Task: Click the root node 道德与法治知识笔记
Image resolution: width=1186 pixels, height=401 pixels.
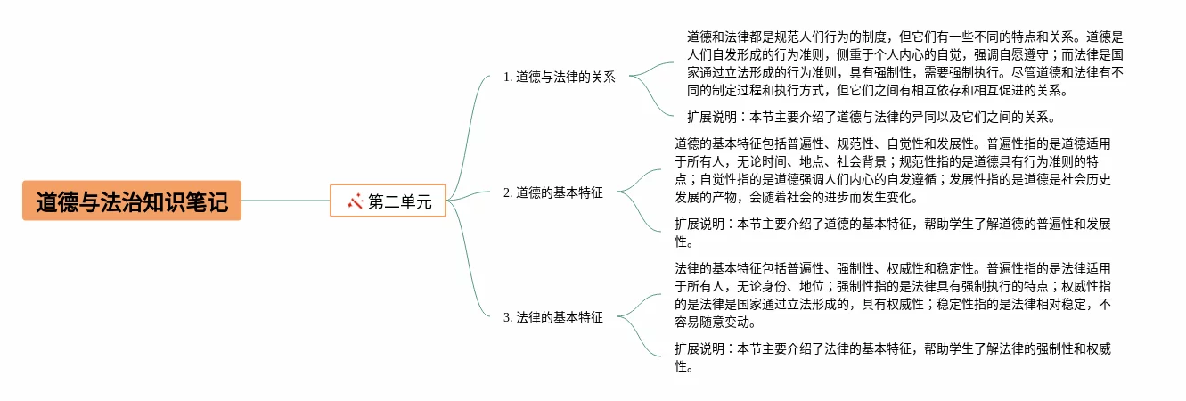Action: [132, 200]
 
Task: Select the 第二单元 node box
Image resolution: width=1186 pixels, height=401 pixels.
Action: [388, 201]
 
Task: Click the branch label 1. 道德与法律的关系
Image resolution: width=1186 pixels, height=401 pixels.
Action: [560, 77]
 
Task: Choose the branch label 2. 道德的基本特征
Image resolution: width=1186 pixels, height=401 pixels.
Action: [553, 192]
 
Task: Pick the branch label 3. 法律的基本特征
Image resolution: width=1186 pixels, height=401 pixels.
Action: [553, 317]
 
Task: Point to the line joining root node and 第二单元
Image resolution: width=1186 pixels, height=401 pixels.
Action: [285, 200]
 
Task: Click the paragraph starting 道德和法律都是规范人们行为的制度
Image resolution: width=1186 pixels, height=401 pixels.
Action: [904, 63]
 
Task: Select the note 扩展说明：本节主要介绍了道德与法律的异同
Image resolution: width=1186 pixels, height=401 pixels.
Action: [871, 117]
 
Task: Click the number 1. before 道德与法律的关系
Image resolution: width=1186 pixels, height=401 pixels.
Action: [508, 77]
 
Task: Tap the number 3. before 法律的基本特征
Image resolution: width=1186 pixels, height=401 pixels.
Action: [508, 317]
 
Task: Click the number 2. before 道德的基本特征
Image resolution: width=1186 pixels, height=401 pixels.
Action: [508, 192]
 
